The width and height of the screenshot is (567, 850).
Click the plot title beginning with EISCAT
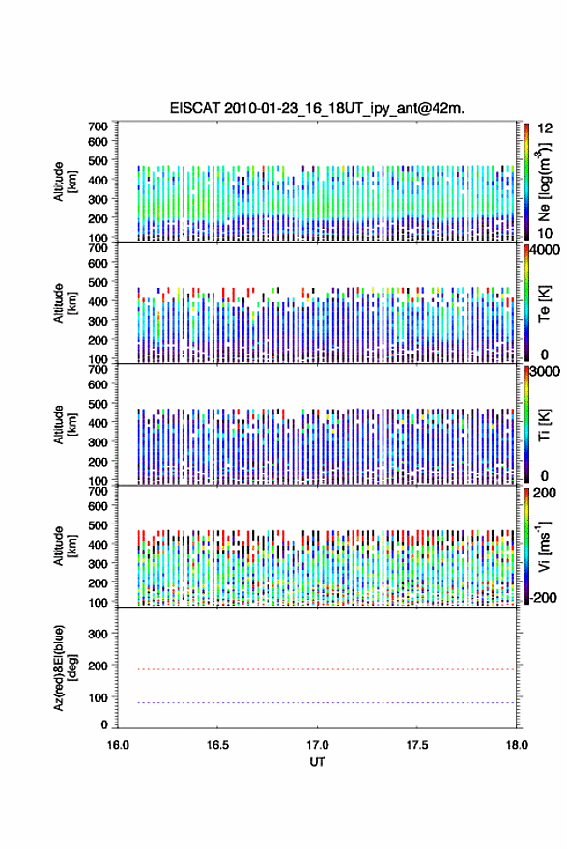pyautogui.click(x=317, y=108)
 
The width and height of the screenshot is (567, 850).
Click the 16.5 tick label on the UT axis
pyautogui.click(x=217, y=745)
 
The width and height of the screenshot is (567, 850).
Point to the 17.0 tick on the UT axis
pyautogui.click(x=317, y=745)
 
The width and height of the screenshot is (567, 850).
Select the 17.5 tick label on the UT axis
pyautogui.click(x=417, y=745)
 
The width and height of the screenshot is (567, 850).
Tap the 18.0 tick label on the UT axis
pyautogui.click(x=517, y=745)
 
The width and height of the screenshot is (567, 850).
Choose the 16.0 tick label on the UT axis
pyautogui.click(x=118, y=745)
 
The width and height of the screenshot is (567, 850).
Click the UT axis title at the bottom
pyautogui.click(x=317, y=762)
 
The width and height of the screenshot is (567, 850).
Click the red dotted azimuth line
pyautogui.click(x=317, y=669)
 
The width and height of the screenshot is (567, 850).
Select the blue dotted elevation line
pyautogui.click(x=317, y=702)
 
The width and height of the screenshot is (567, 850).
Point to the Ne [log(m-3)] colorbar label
pyautogui.click(x=544, y=182)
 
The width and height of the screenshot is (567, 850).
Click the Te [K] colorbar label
pyautogui.click(x=544, y=303)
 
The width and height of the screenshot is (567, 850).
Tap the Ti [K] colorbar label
pyautogui.click(x=544, y=425)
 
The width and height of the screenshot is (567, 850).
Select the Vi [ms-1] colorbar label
pyautogui.click(x=544, y=546)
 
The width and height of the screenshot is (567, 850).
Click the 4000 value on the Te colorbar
pyautogui.click(x=545, y=250)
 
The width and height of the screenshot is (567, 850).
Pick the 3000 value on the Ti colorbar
pyautogui.click(x=545, y=372)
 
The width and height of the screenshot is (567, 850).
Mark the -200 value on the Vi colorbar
pyautogui.click(x=543, y=597)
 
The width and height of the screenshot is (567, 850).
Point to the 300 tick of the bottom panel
pyautogui.click(x=99, y=634)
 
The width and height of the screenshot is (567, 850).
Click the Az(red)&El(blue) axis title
pyautogui.click(x=65, y=667)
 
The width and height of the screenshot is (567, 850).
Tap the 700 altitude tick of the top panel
pyautogui.click(x=99, y=127)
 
